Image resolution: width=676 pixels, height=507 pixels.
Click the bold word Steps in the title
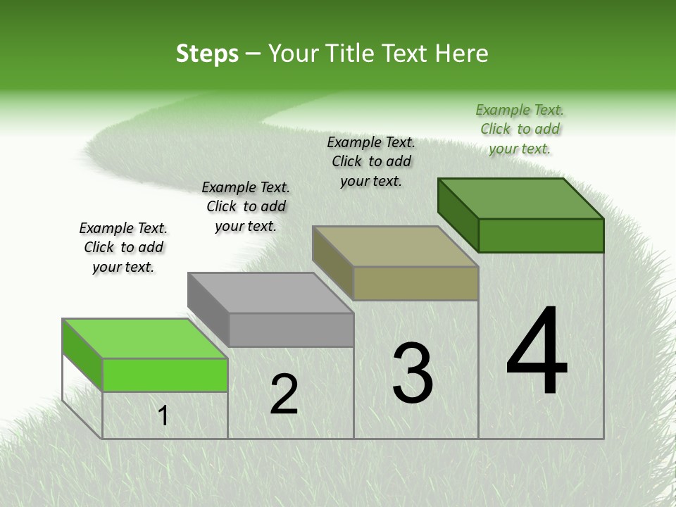(x=206, y=54)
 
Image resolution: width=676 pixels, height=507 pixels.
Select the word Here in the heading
(x=463, y=54)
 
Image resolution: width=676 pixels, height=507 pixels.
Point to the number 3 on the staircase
(x=412, y=373)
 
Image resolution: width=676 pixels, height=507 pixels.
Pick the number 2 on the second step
(x=284, y=394)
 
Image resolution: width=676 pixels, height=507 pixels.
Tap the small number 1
(x=163, y=416)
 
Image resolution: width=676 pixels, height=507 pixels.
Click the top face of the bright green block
(x=144, y=339)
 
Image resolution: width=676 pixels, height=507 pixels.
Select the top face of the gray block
(x=270, y=292)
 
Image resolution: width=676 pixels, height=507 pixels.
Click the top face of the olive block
(x=394, y=246)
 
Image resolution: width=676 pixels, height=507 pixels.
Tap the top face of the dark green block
(x=520, y=198)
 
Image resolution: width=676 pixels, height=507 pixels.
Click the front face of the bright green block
(x=165, y=375)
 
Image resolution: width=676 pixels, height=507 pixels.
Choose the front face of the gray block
(x=291, y=330)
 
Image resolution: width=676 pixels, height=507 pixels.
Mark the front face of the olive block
(x=415, y=283)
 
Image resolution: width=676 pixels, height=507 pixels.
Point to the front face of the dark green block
(x=541, y=235)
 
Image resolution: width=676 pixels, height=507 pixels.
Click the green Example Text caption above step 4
(x=520, y=129)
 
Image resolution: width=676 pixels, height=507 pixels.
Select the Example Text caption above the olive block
(x=371, y=161)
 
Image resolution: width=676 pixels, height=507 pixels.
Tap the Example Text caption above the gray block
(x=246, y=206)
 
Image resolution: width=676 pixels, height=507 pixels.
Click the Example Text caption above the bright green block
(x=123, y=247)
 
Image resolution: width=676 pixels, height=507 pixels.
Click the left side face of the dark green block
(x=458, y=215)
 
